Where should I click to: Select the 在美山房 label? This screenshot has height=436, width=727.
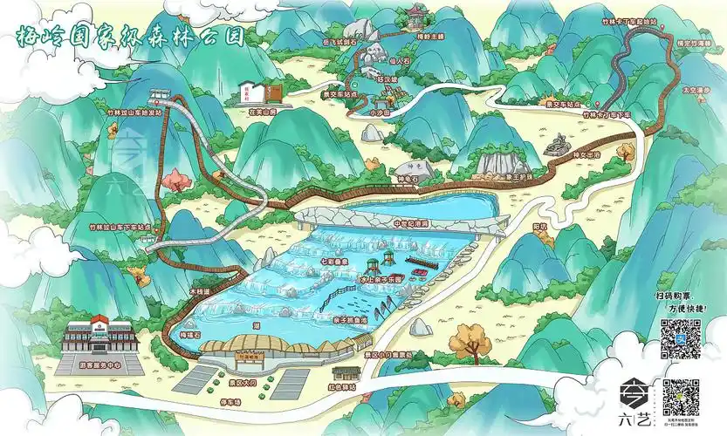tap(262, 112)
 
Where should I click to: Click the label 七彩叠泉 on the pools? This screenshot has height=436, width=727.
tap(335, 261)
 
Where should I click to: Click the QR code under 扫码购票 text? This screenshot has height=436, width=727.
tap(681, 339)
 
